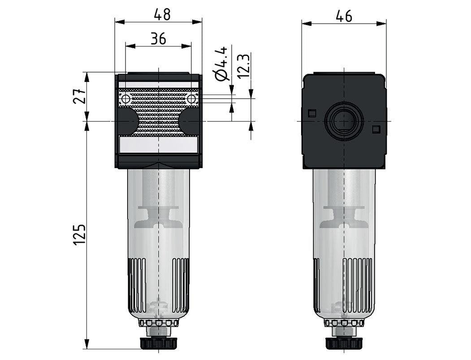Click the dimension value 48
(x=162, y=15)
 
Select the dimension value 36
(x=158, y=39)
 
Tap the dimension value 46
(x=344, y=16)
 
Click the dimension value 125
(x=79, y=234)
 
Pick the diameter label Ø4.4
(x=222, y=63)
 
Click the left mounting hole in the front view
(x=125, y=99)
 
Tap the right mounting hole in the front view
(x=192, y=99)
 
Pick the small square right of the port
(x=376, y=129)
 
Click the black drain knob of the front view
(x=159, y=343)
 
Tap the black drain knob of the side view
(x=344, y=343)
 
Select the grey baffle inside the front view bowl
(x=159, y=215)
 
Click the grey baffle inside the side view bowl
(x=344, y=215)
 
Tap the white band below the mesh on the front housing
(x=159, y=145)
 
